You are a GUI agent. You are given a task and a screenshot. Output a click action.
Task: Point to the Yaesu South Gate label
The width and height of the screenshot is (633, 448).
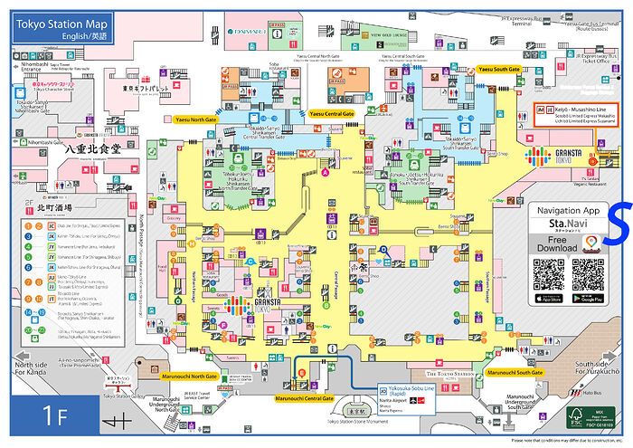coord(499,70)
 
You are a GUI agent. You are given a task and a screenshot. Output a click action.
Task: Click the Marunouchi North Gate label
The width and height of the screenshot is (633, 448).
coord(190,375)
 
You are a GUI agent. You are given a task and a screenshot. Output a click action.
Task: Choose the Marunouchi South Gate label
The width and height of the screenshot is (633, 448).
coord(515,372)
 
